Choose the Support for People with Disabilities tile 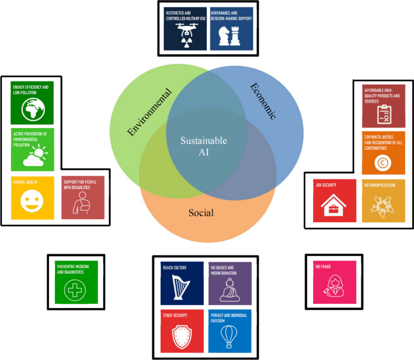[x=82, y=198]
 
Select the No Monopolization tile [x=383, y=200]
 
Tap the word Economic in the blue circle [x=262, y=101]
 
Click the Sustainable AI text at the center [x=204, y=146]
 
